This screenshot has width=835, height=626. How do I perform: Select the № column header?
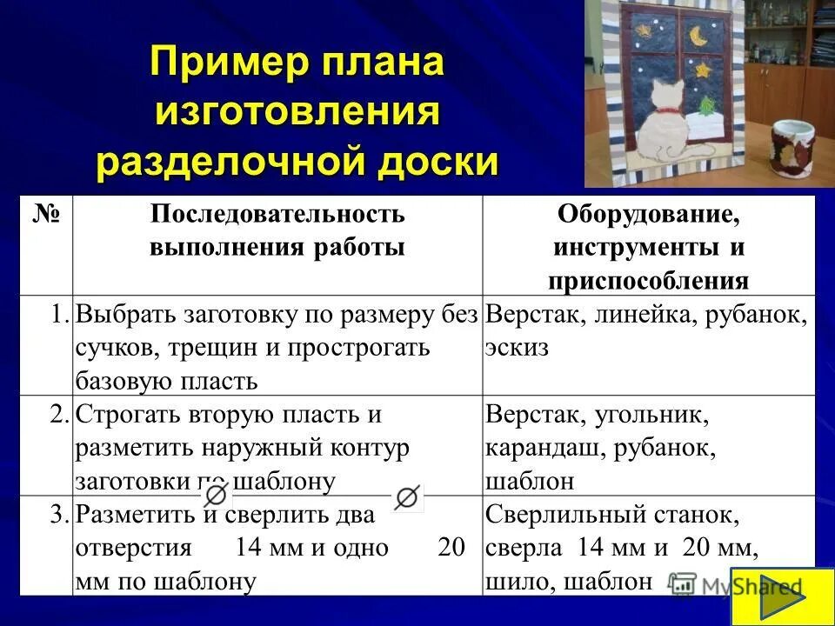(46, 214)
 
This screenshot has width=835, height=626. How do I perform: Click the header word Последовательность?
(277, 214)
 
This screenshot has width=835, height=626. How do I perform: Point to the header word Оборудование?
(649, 214)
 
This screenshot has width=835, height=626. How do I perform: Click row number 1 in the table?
(59, 315)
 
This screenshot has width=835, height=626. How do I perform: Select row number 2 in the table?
(59, 415)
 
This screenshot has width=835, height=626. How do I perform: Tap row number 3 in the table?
(59, 515)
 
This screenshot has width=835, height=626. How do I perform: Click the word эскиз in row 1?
(518, 348)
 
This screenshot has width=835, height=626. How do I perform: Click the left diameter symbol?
(217, 496)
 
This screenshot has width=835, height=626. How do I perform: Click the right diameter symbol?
(406, 496)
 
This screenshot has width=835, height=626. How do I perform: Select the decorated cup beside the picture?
(792, 148)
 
